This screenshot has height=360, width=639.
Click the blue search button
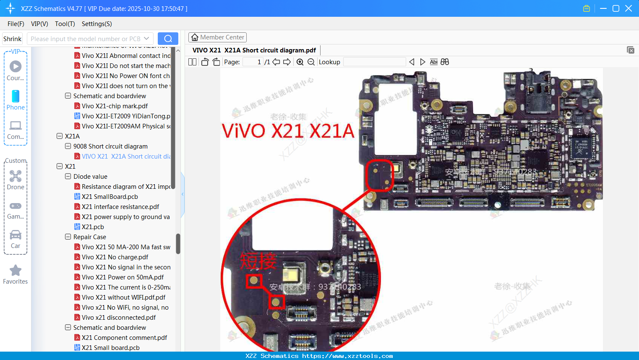[x=168, y=39]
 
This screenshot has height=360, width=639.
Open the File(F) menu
[x=16, y=24]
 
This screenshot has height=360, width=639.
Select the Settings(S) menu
[x=97, y=24]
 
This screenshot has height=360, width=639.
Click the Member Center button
[x=217, y=37]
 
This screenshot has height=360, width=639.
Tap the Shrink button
[x=12, y=39]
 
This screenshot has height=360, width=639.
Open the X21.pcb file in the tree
[x=93, y=227]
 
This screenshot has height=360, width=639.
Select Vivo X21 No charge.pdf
[x=115, y=257]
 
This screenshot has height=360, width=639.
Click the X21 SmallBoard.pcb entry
[x=110, y=197]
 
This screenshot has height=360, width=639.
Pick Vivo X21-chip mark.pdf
[x=115, y=106]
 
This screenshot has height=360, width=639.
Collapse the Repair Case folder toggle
[x=68, y=237]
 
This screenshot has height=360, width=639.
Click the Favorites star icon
[x=16, y=271]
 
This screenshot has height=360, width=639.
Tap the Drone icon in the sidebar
[x=16, y=176]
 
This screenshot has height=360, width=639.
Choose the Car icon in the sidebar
[x=16, y=235]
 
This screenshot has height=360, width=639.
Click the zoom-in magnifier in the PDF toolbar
[x=300, y=62]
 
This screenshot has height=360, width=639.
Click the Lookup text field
[x=374, y=62]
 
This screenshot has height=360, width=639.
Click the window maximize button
[x=616, y=8]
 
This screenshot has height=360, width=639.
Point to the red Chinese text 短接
[x=258, y=261]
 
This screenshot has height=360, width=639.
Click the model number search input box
[x=86, y=39]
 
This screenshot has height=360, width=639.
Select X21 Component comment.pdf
[x=124, y=338]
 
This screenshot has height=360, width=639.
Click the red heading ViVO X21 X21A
[x=288, y=131]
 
